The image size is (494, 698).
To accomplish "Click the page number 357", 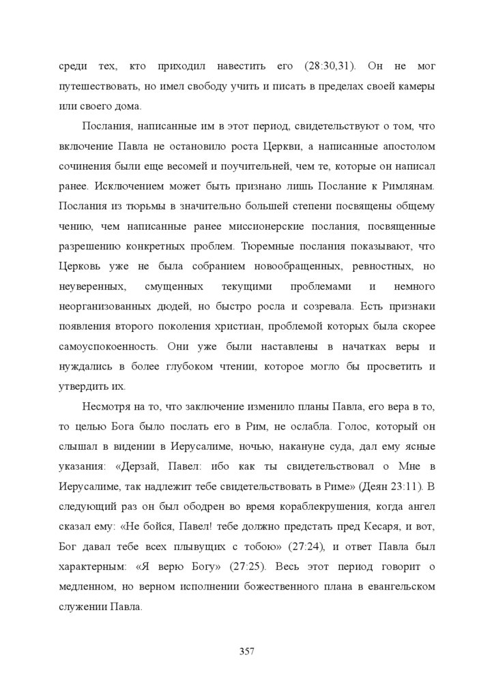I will pos(247,652).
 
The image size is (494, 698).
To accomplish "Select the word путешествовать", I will pos(93,87).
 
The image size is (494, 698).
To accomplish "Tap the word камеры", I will pos(417,87).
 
